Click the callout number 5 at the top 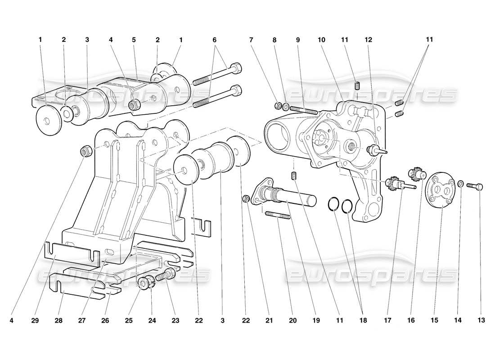pos(134,40)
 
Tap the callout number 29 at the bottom pos(36,321)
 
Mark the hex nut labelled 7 pos(278,106)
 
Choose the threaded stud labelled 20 pos(277,216)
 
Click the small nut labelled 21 pos(246,198)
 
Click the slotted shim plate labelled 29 pos(72,252)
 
